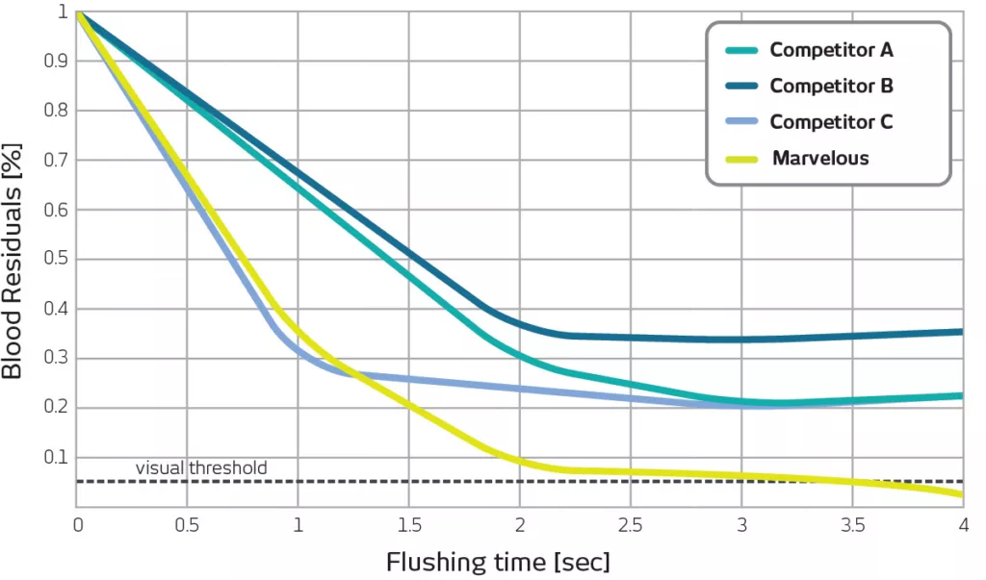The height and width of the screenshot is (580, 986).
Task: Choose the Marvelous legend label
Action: click(x=819, y=158)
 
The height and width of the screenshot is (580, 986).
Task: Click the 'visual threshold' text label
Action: click(x=200, y=468)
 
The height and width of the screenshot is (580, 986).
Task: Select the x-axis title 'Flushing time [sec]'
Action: click(x=498, y=561)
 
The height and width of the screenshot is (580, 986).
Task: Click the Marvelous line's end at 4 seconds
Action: click(x=960, y=494)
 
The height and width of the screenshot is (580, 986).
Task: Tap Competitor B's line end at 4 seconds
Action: click(x=960, y=332)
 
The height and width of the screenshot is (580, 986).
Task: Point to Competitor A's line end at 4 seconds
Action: click(x=960, y=395)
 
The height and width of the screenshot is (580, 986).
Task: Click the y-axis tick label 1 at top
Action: click(x=63, y=13)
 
